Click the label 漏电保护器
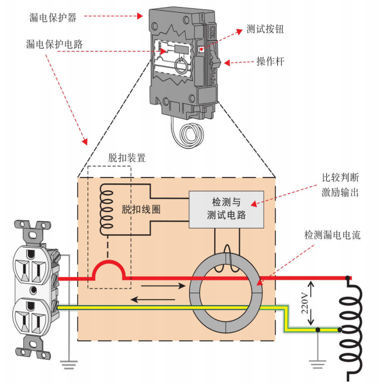[53, 18]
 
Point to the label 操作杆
[270, 61]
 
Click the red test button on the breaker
[201, 50]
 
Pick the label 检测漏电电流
[332, 235]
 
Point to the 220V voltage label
[304, 301]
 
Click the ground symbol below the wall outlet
[69, 366]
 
